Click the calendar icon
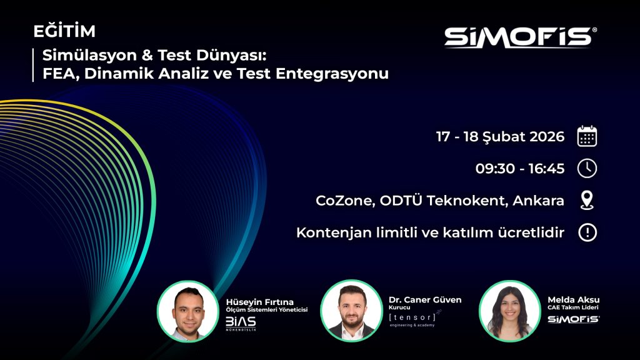587,136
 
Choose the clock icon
587,169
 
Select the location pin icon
587,201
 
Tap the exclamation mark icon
587,233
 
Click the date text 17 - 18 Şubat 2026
500,136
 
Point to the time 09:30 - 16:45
520,169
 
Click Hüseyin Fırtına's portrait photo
187,311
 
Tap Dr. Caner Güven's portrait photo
351,311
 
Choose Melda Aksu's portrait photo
509,311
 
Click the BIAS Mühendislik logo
241,323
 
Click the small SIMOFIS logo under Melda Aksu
573,319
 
